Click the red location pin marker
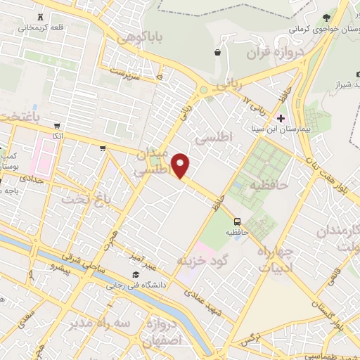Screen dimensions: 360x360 click(181, 165)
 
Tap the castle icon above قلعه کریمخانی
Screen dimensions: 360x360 click(39, 15)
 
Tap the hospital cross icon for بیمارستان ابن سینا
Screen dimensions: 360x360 click(281, 117)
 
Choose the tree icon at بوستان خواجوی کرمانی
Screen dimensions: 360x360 click(325, 17)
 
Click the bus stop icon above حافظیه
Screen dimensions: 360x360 click(237, 219)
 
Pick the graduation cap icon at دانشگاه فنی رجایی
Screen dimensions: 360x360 click(134, 275)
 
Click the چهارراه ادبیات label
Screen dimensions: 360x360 click(274, 260)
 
